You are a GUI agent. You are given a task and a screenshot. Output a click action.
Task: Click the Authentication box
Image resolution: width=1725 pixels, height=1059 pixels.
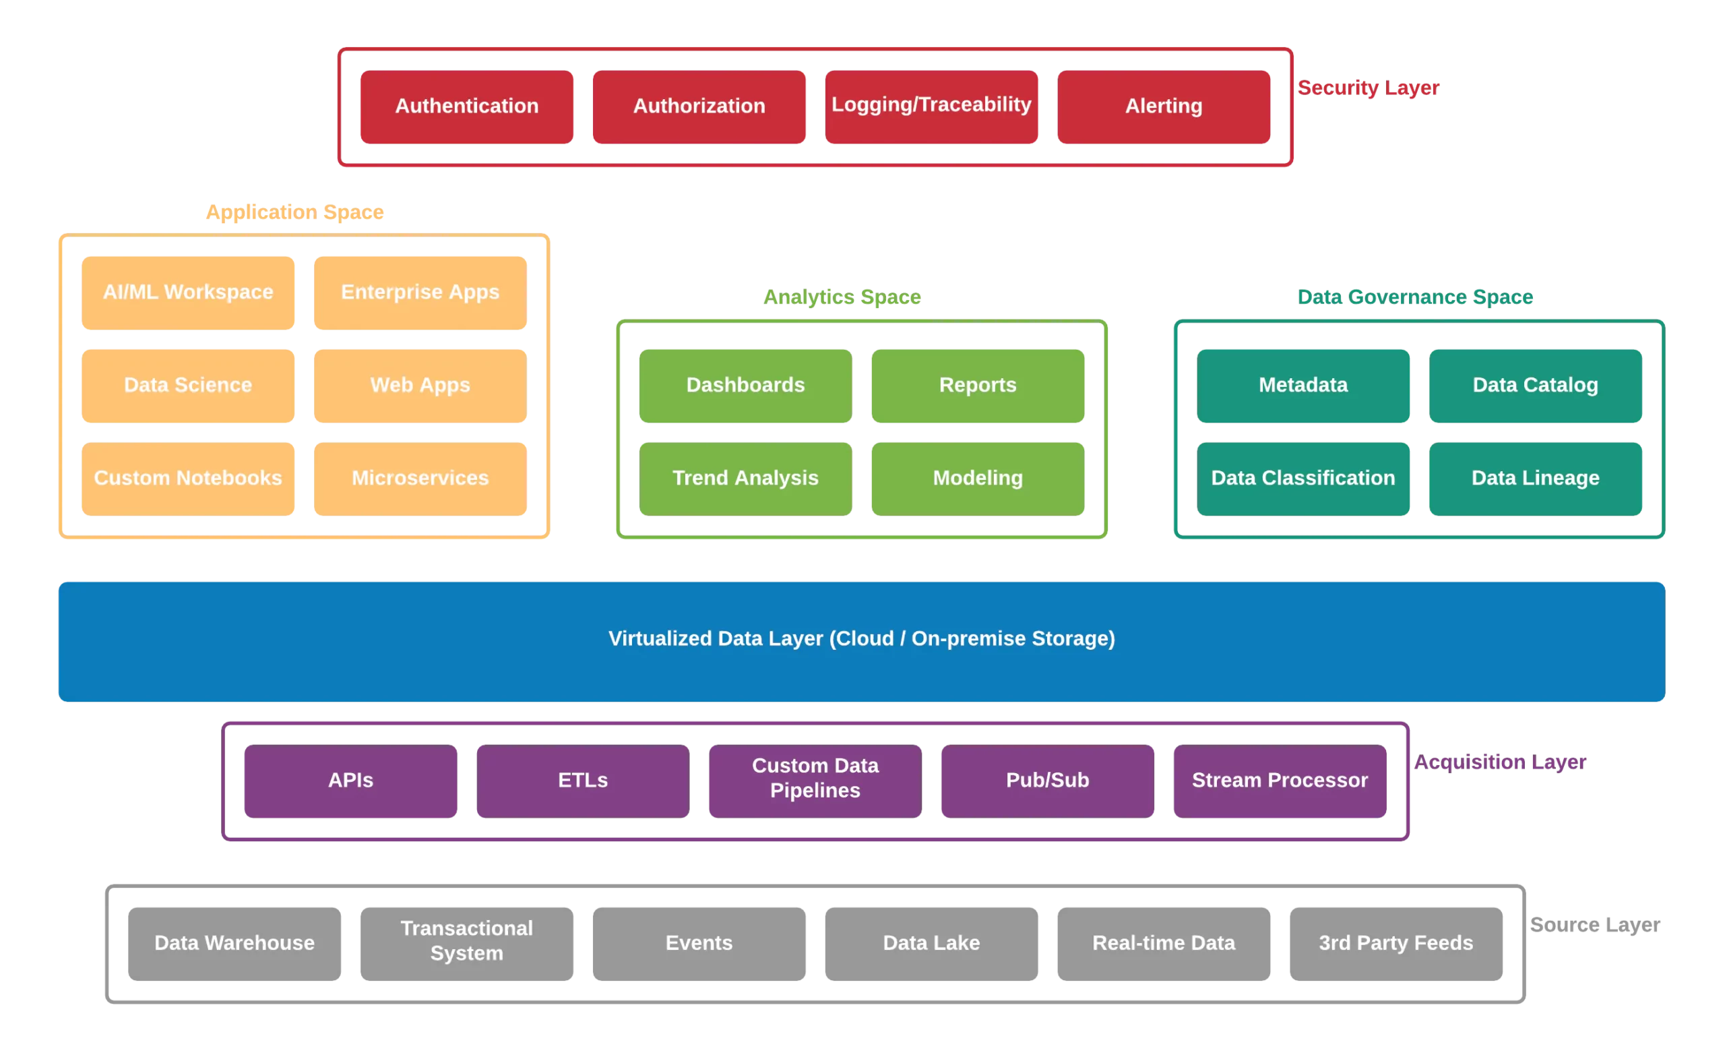[467, 106]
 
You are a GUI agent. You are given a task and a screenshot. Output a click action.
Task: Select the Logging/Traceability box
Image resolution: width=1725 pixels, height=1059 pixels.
[931, 106]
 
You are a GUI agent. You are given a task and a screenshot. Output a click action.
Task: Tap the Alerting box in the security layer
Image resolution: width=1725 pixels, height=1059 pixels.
[1164, 106]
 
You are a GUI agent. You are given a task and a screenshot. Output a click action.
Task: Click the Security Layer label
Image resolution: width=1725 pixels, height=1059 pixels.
[1369, 88]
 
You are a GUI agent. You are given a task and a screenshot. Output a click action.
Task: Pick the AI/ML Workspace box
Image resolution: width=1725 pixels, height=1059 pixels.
[188, 293]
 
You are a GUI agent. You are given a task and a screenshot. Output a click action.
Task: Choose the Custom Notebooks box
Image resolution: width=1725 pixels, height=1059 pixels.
[188, 478]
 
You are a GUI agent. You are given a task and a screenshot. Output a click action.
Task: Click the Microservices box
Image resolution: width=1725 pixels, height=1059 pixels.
[420, 478]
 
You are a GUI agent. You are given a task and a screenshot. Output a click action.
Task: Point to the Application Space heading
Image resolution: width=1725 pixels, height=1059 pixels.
[296, 212]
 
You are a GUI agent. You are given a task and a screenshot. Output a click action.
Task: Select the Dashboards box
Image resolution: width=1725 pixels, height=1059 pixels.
[745, 385]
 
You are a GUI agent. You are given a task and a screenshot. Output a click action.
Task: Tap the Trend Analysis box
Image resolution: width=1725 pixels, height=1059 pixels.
[745, 478]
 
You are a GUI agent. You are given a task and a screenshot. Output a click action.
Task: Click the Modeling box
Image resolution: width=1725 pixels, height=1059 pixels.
[978, 478]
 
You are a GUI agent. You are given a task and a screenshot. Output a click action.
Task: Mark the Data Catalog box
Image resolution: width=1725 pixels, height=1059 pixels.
[1535, 385]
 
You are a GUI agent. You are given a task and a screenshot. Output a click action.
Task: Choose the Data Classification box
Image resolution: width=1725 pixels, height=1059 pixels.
[1304, 478]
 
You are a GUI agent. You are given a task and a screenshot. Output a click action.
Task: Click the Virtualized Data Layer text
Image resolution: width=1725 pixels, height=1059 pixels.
[861, 639]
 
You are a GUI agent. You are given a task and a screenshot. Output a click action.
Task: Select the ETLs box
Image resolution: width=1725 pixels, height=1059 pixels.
[582, 780]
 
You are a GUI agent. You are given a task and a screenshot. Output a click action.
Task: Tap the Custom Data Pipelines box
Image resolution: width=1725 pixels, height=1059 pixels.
[815, 779]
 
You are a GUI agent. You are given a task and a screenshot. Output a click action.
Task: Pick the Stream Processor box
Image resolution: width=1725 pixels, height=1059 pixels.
[1280, 780]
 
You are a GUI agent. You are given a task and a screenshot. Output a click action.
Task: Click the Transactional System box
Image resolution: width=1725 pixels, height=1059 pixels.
[466, 942]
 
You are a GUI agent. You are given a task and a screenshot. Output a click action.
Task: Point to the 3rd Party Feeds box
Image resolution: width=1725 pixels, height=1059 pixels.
[1396, 943]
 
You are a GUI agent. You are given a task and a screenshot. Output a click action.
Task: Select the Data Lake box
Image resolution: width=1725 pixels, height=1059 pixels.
[931, 943]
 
